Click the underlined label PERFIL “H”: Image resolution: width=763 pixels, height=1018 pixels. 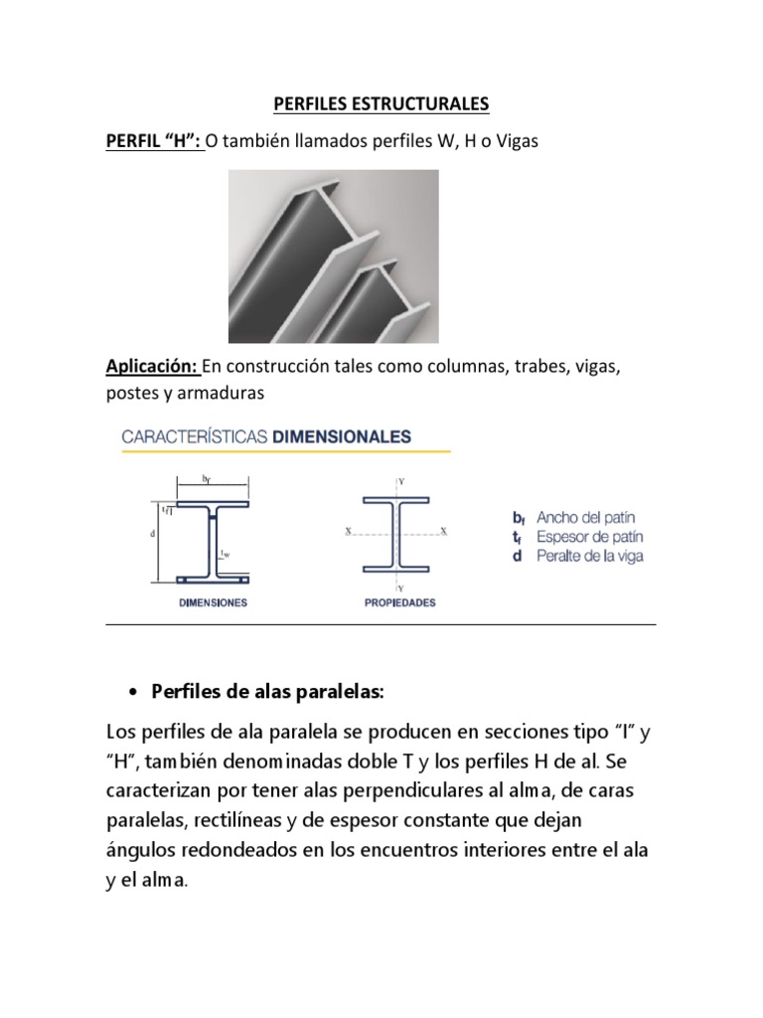[x=154, y=141]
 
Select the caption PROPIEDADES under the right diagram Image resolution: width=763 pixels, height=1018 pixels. [x=400, y=602]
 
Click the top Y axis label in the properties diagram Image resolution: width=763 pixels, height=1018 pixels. [x=400, y=480]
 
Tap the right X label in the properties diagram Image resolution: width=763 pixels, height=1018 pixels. [x=444, y=531]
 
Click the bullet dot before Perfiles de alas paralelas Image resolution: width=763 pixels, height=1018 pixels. [x=132, y=691]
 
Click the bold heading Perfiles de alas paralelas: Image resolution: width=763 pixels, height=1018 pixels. [x=267, y=691]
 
